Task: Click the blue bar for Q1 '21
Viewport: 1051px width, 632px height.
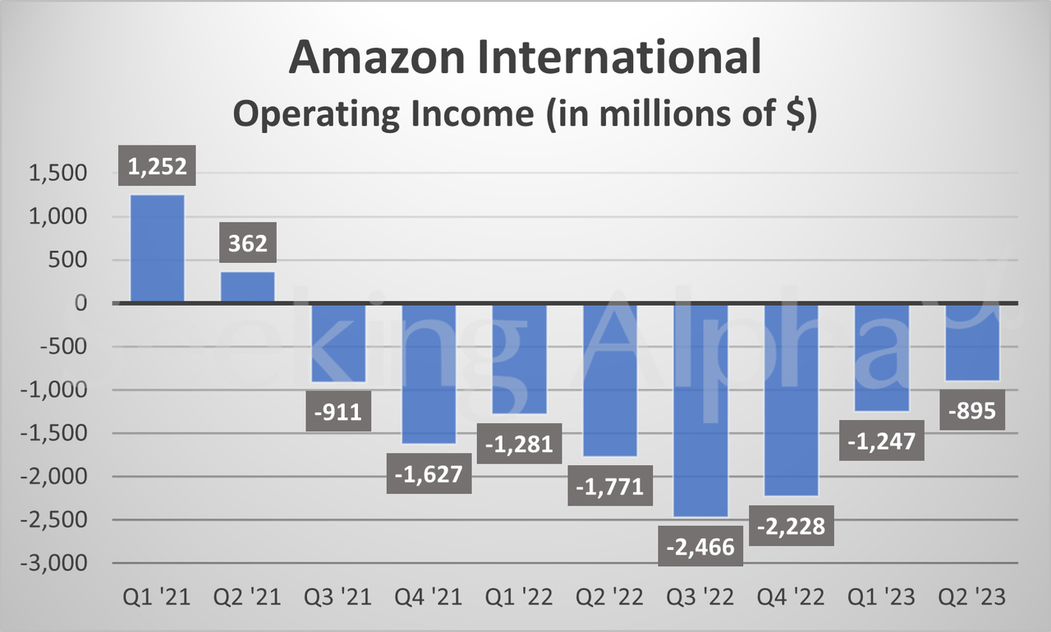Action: [158, 248]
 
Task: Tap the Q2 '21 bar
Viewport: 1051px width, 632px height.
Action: [248, 287]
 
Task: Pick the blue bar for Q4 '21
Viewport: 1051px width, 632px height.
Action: [429, 373]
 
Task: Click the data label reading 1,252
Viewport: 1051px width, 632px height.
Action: [158, 167]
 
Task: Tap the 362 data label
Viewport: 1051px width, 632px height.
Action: [248, 244]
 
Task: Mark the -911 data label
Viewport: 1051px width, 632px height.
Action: [338, 411]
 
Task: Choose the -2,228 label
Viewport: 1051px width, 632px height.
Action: [791, 525]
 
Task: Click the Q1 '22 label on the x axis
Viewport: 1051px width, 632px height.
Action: [519, 597]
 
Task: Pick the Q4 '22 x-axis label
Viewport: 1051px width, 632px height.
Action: [790, 597]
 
